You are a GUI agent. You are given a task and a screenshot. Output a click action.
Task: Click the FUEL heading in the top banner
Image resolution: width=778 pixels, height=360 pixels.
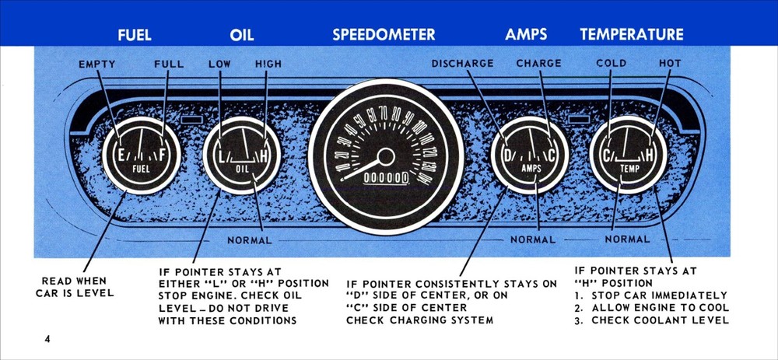pyautogui.click(x=134, y=35)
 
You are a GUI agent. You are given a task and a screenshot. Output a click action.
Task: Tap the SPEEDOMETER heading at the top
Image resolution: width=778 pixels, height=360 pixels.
pyautogui.click(x=384, y=35)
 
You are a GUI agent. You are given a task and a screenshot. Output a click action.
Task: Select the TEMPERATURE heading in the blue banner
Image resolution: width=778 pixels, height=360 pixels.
pyautogui.click(x=631, y=35)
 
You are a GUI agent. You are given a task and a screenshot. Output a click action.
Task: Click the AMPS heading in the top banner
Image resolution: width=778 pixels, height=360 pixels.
pyautogui.click(x=526, y=35)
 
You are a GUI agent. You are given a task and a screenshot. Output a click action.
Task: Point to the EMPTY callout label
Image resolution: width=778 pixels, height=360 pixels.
pyautogui.click(x=98, y=64)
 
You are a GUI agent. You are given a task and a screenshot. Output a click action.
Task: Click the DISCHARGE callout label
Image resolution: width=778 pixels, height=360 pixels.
pyautogui.click(x=463, y=64)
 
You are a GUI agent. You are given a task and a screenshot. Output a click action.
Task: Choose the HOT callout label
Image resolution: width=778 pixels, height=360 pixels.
pyautogui.click(x=670, y=64)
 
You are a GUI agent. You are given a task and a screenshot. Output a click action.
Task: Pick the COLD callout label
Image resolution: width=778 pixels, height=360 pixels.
pyautogui.click(x=612, y=64)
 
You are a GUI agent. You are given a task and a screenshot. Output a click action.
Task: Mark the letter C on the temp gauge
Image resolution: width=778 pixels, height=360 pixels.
pyautogui.click(x=607, y=156)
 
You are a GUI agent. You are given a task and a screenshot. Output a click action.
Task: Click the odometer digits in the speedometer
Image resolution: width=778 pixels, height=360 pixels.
pyautogui.click(x=387, y=178)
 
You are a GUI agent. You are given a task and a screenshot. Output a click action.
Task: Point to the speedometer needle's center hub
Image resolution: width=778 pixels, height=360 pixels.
pyautogui.click(x=384, y=159)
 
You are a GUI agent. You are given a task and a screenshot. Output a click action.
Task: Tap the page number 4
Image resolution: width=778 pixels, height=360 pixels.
pyautogui.click(x=47, y=340)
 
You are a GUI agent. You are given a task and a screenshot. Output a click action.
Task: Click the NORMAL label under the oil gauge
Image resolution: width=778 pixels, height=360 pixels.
pyautogui.click(x=250, y=239)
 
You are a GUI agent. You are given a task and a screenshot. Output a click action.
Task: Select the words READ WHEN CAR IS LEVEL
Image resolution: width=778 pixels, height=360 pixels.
pyautogui.click(x=75, y=287)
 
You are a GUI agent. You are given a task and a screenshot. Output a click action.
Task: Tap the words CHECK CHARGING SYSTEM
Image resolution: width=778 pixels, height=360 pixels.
pyautogui.click(x=420, y=321)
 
